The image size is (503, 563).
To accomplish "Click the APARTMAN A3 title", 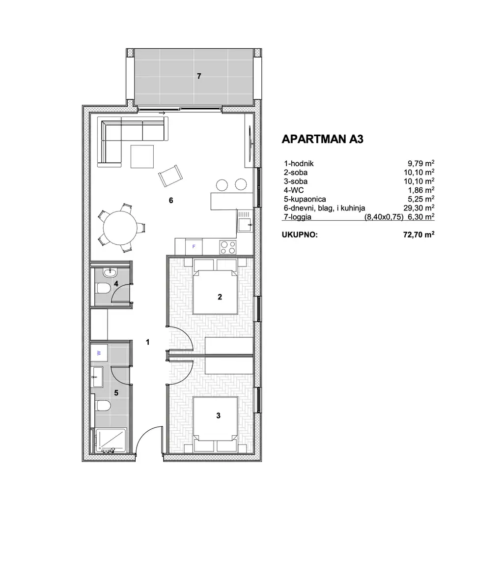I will click(x=322, y=139).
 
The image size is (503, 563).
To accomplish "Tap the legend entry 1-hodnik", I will click(x=299, y=164).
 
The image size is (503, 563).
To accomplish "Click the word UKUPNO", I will click(x=300, y=235).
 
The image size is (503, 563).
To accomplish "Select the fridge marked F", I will click(x=194, y=246).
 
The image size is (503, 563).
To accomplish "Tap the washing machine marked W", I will click(x=99, y=353).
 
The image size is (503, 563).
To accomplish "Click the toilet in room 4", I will click(x=103, y=288).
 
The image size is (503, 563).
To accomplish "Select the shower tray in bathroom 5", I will click(x=111, y=440).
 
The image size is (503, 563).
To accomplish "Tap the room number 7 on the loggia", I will click(x=198, y=76).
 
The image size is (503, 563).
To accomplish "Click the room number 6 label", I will click(x=171, y=200).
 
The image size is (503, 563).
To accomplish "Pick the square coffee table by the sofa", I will click(x=142, y=156).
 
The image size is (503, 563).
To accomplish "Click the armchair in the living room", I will click(x=170, y=175).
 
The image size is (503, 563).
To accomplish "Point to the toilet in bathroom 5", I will click(x=103, y=406).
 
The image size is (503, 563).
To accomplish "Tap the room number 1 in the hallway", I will click(x=148, y=342).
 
